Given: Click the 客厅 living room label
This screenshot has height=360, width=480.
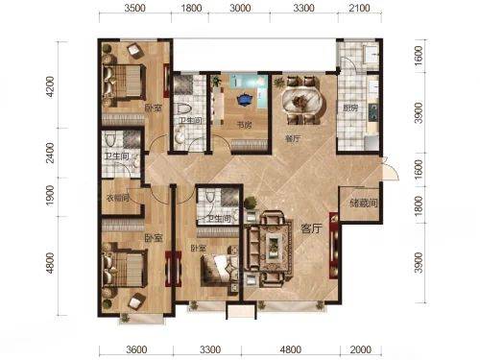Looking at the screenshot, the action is pos(311,228).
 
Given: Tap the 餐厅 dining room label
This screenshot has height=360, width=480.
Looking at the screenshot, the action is pos(293,139).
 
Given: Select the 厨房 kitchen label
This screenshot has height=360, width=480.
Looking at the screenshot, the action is pos(350,108).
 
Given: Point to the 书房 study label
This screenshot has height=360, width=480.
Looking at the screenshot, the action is pos(244,125).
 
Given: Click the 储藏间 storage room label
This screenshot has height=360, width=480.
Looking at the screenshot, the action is pos(363,203).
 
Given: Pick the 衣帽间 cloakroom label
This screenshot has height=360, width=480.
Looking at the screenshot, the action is pos(117,199).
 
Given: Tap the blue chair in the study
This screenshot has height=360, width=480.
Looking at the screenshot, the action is pos(245,99).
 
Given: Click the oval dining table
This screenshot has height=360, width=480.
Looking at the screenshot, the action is pos(302,101).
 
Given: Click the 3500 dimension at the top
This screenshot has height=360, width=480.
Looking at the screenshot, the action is pos(134,8).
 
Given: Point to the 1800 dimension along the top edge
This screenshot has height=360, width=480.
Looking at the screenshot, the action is pos(191,8).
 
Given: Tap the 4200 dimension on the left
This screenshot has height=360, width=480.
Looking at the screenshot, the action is pos(50,86).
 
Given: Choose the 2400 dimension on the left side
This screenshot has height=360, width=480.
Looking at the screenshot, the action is pos(50,153).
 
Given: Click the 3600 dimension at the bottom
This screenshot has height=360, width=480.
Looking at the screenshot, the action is pos(136,349).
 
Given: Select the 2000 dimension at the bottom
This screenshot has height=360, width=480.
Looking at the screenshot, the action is pos(361,349).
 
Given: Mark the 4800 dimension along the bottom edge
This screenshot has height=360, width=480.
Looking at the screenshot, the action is pos(290,349).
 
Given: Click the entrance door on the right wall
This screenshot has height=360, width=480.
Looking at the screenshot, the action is pos(390,169).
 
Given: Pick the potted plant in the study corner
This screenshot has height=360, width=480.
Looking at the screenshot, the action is pos(216,82).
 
